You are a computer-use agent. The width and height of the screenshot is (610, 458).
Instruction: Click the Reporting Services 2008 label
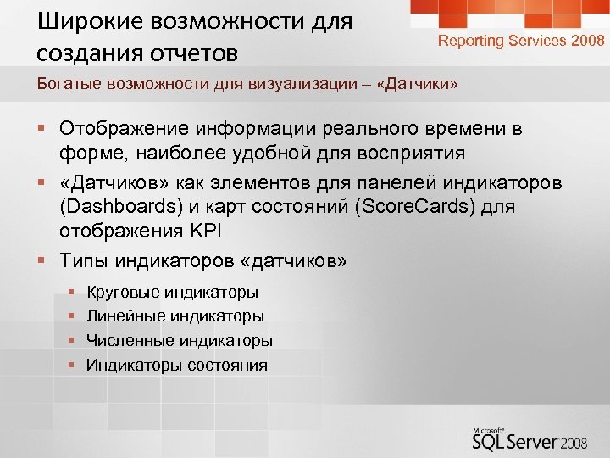coord(521,41)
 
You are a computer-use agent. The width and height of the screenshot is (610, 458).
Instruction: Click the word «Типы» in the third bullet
coord(84,261)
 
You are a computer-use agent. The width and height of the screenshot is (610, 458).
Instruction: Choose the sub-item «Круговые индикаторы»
coord(173,293)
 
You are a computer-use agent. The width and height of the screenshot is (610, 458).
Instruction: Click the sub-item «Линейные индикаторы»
coord(175,316)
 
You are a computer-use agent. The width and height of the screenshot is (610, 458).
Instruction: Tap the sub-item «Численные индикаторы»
coord(180,341)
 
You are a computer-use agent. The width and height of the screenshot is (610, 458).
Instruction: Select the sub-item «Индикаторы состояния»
coord(177,366)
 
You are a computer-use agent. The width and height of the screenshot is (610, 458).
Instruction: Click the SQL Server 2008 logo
coord(533,440)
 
